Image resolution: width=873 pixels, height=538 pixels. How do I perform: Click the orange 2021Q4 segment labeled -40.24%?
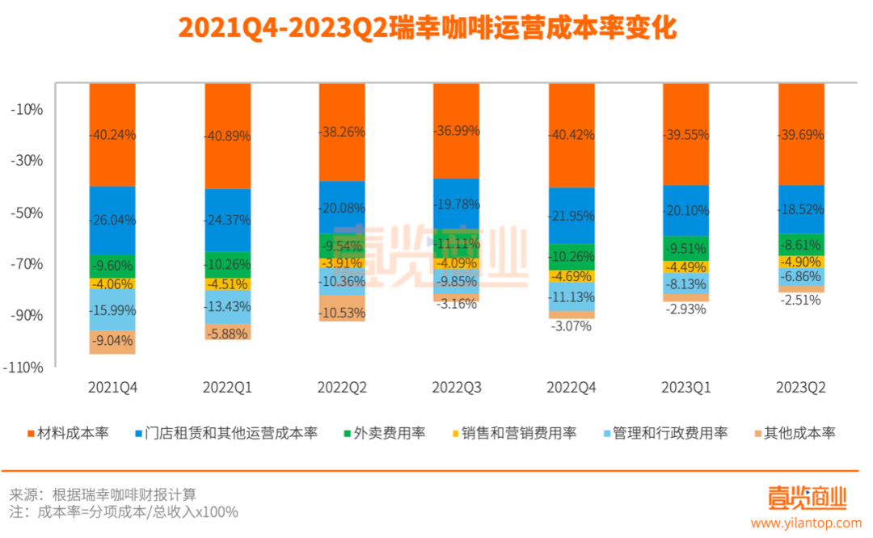[x=112, y=135]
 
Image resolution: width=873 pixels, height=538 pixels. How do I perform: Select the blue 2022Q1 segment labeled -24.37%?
[x=227, y=220]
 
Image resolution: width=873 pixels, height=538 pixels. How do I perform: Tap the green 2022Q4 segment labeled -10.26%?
[x=571, y=257]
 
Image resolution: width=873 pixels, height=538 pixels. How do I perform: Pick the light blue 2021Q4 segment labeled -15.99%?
[x=112, y=310]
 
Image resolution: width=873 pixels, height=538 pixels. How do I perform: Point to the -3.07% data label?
[x=571, y=326]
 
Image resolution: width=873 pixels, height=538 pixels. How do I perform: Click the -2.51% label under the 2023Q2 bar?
[x=800, y=301]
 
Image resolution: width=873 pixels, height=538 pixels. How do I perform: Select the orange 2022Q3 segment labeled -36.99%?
[x=457, y=130]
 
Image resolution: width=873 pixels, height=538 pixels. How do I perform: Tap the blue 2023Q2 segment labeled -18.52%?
[x=800, y=209]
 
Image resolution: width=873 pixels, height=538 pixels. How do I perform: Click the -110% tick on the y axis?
[x=26, y=367]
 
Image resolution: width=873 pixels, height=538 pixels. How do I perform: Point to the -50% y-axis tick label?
[x=29, y=213]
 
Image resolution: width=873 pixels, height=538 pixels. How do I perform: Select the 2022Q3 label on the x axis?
[x=456, y=388]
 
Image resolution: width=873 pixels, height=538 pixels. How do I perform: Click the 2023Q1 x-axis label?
[x=685, y=388]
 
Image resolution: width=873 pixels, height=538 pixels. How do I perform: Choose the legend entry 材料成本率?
[x=73, y=433]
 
